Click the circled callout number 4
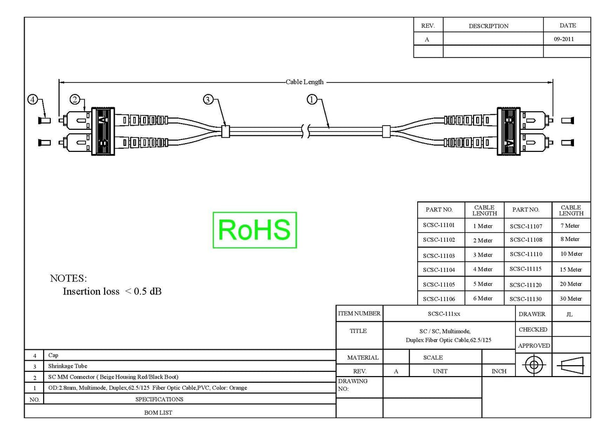[x=33, y=100]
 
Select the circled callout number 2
[x=75, y=100]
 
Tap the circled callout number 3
[x=208, y=100]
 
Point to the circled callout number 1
[x=312, y=100]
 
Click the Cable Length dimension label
[x=304, y=82]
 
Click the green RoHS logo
[x=255, y=230]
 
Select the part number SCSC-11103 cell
[x=439, y=256]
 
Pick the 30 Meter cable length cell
[x=571, y=299]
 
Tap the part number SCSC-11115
[x=525, y=269]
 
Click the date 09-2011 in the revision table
[x=564, y=39]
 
